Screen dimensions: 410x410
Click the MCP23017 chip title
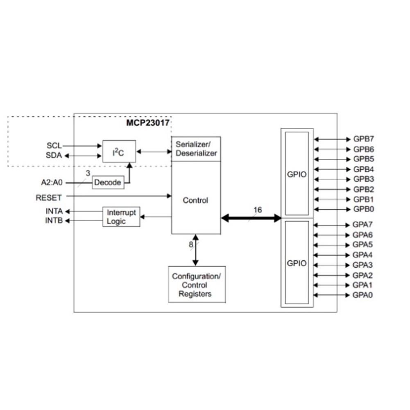(x=147, y=122)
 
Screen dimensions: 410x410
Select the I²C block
(x=118, y=152)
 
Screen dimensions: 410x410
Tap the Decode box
(x=108, y=182)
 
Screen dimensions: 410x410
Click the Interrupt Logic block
(x=121, y=217)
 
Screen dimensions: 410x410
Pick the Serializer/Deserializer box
(x=196, y=149)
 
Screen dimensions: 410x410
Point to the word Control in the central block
(x=195, y=200)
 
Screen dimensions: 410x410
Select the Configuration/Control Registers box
(x=197, y=285)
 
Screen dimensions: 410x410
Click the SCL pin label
(x=54, y=145)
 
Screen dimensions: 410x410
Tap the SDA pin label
(x=54, y=155)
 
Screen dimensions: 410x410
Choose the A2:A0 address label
(x=51, y=182)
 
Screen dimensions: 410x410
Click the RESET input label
(x=49, y=197)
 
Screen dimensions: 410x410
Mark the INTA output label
(x=54, y=211)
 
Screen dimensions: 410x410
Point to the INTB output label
(x=54, y=221)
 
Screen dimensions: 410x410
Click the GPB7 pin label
(x=363, y=139)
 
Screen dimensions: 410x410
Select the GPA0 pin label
(x=362, y=295)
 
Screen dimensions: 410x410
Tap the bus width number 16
(x=257, y=210)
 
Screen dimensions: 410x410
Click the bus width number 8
(x=190, y=245)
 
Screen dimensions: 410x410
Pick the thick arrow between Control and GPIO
(x=251, y=218)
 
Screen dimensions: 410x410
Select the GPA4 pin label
(x=362, y=255)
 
